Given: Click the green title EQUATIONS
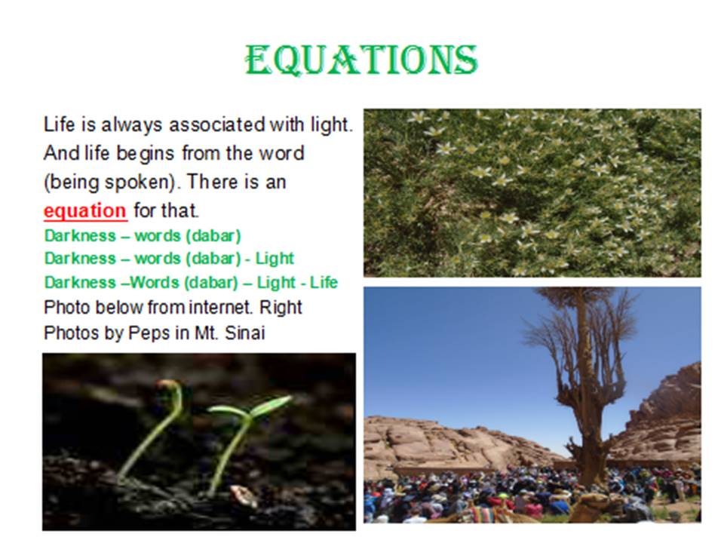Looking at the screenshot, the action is point(361,60).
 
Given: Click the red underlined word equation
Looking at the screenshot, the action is point(85,211).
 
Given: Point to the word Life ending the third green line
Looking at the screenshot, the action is point(324,282).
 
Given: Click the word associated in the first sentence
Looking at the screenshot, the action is point(216,124).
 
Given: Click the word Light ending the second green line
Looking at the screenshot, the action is point(275,259).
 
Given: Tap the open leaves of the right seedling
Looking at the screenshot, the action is point(250,406).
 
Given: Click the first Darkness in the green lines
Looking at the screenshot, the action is point(80,236).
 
